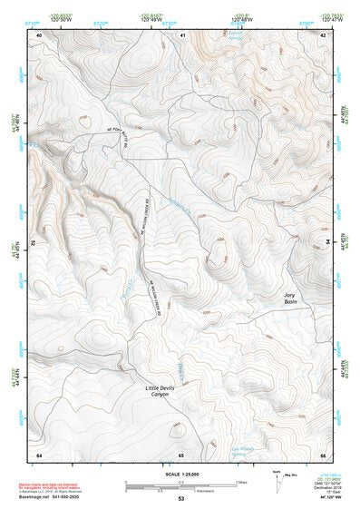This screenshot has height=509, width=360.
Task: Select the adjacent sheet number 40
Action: (39, 34)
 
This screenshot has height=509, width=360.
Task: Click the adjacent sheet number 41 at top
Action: (182, 34)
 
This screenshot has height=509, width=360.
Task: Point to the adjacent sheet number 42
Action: (325, 34)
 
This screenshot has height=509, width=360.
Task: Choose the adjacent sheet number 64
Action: (39, 454)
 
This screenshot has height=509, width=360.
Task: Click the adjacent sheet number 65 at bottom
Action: (181, 454)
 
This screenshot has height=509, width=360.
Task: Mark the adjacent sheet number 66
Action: (324, 454)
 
